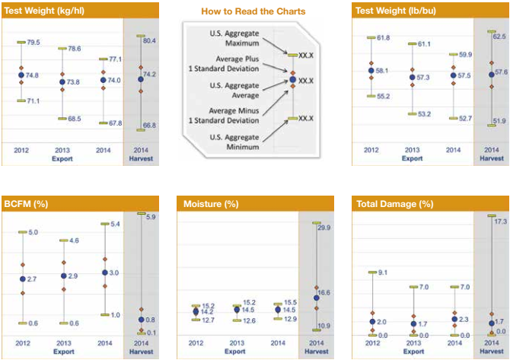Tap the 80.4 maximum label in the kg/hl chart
[x=148, y=40]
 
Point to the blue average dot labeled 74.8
[x=21, y=75]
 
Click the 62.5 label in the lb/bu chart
[x=500, y=36]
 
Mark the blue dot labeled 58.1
[x=371, y=70]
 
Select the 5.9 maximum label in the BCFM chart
[x=151, y=217]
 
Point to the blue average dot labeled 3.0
[x=105, y=272]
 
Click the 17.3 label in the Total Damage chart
[x=500, y=221]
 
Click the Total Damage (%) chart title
[x=394, y=204]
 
